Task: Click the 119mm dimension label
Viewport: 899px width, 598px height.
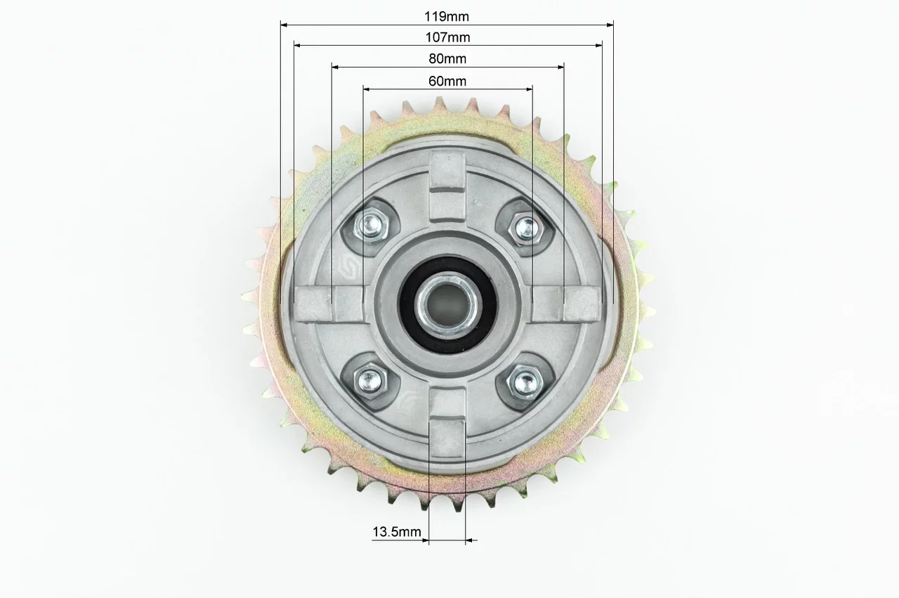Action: pos(447,16)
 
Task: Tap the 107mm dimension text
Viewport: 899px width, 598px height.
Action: pos(447,37)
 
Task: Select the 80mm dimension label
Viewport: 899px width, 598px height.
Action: pos(447,58)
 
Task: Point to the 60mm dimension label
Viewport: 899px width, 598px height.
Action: pos(447,81)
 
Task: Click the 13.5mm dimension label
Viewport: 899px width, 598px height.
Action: pos(397,532)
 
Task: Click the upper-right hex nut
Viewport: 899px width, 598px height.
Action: pos(526,228)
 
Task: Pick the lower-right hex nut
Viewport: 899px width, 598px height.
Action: pos(525,382)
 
